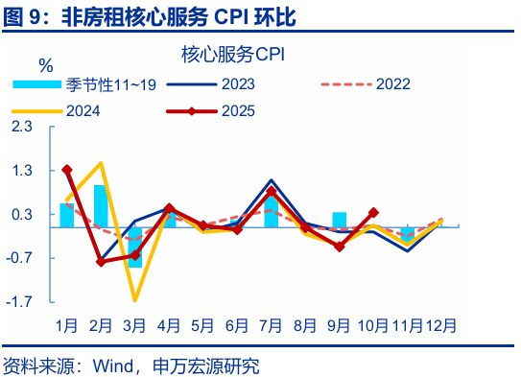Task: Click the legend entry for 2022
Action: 391,83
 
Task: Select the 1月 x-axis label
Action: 66,326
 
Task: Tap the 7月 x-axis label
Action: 272,326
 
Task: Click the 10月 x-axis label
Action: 374,326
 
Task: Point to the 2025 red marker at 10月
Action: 373,212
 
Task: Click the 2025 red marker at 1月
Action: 66,170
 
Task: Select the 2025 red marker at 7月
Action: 272,191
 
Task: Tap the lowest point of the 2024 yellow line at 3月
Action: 134,300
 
